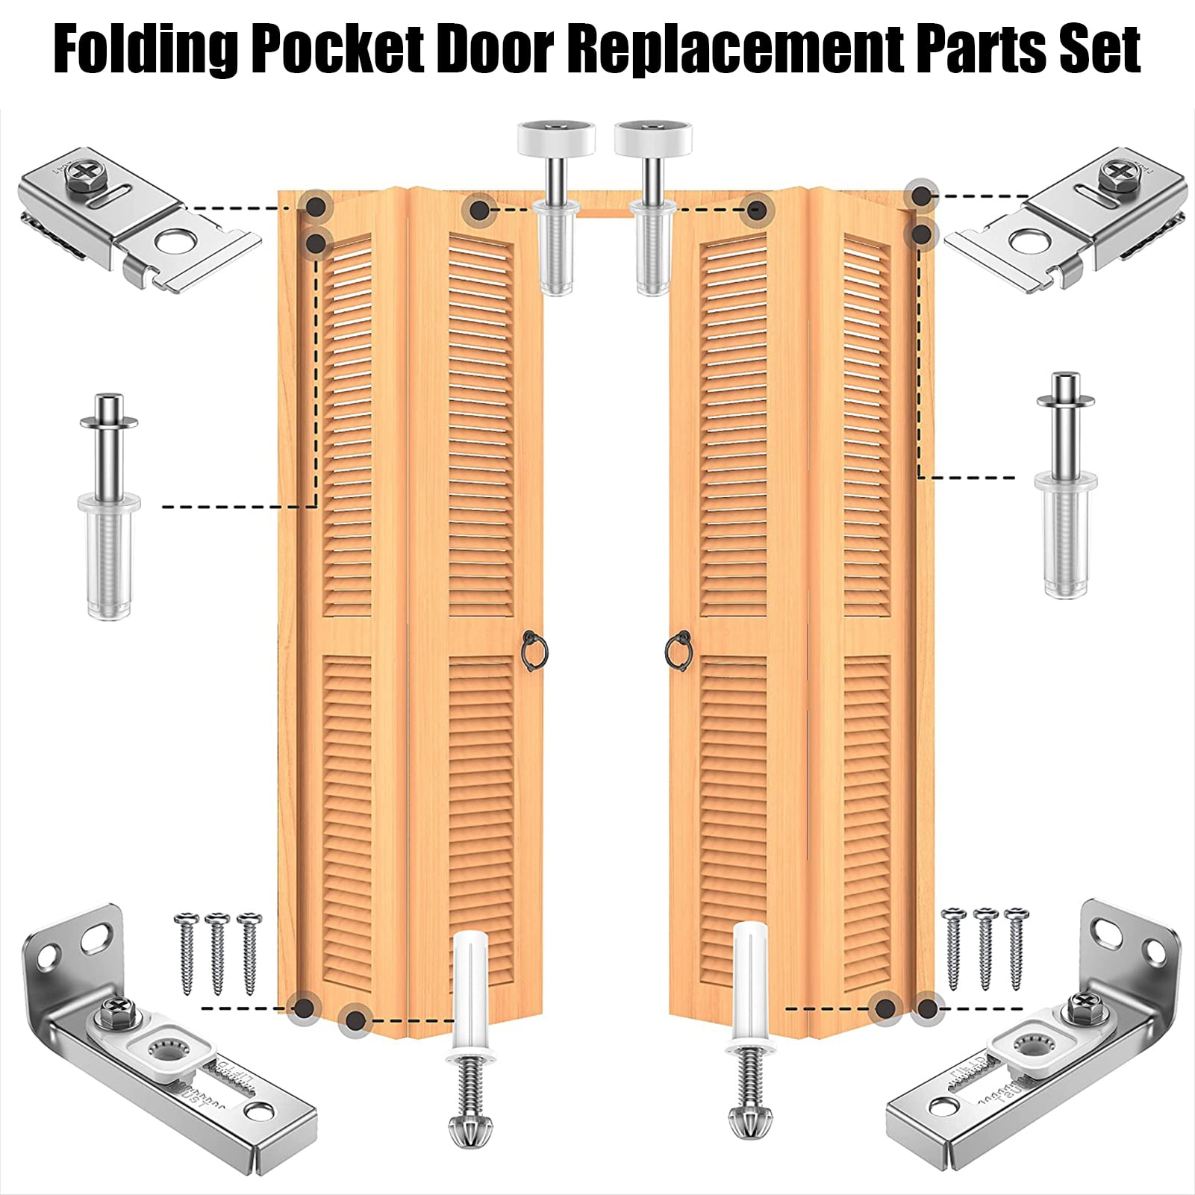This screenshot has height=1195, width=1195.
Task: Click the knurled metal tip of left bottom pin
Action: [469, 1126]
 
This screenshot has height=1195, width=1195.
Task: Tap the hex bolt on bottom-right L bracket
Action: [1080, 1008]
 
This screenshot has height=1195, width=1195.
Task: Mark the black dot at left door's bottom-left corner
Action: [304, 1008]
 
